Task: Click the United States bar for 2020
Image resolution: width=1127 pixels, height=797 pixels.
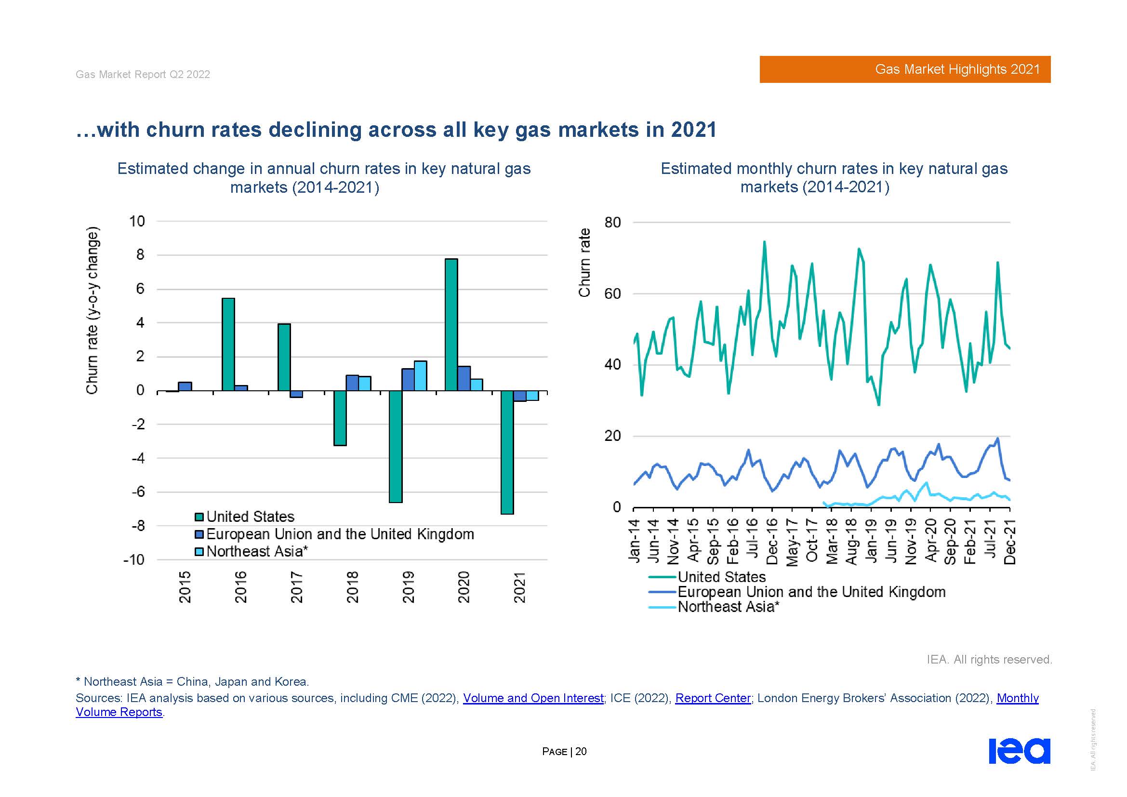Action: click(451, 324)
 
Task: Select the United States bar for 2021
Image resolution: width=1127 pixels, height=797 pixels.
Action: click(507, 452)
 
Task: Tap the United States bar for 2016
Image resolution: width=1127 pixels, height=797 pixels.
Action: click(228, 344)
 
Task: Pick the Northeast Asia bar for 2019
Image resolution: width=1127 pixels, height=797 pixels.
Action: click(420, 376)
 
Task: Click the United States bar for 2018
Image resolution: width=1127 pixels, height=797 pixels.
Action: click(340, 418)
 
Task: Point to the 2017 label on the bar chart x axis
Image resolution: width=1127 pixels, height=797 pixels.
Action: click(296, 587)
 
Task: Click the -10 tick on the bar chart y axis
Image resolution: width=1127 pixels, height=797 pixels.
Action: click(134, 560)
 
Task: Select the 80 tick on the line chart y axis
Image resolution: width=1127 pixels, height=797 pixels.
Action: click(612, 223)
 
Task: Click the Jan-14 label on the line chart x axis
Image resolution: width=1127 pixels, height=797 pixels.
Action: click(634, 540)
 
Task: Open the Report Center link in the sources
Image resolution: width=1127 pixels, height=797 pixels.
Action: click(713, 698)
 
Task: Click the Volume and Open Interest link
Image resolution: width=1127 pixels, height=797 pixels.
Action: click(533, 698)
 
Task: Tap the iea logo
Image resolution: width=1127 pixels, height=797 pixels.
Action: click(1019, 751)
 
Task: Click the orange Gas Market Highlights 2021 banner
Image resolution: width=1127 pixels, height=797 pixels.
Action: click(905, 69)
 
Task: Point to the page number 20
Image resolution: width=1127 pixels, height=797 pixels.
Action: click(581, 751)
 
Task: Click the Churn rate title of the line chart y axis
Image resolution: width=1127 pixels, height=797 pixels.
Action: click(584, 263)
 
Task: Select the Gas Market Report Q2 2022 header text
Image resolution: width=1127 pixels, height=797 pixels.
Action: click(143, 74)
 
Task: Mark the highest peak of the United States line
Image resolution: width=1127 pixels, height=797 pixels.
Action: click(764, 241)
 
